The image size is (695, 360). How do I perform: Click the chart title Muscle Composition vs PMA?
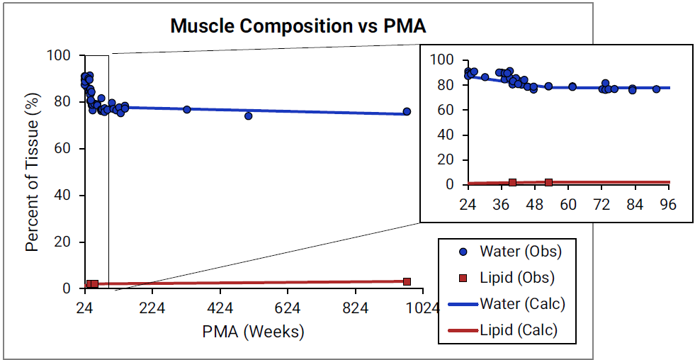pyautogui.click(x=298, y=27)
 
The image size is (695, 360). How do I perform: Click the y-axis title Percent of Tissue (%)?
pyautogui.click(x=32, y=172)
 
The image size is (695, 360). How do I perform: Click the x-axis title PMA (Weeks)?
pyautogui.click(x=253, y=331)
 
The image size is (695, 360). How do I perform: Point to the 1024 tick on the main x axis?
pyautogui.click(x=422, y=308)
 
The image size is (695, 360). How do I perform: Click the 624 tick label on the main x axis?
pyautogui.click(x=287, y=308)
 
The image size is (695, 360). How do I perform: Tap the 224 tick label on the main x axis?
pyautogui.click(x=152, y=308)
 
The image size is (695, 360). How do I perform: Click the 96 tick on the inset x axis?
pyautogui.click(x=668, y=205)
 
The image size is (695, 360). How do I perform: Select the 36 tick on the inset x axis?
pyautogui.click(x=501, y=205)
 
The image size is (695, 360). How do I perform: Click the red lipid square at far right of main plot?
pyautogui.click(x=407, y=281)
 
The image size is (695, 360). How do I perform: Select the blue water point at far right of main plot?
pyautogui.click(x=407, y=111)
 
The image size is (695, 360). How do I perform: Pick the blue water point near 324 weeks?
pyautogui.click(x=187, y=109)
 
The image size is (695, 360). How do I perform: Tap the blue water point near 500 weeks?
pyautogui.click(x=249, y=116)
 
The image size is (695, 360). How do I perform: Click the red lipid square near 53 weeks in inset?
pyautogui.click(x=548, y=182)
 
